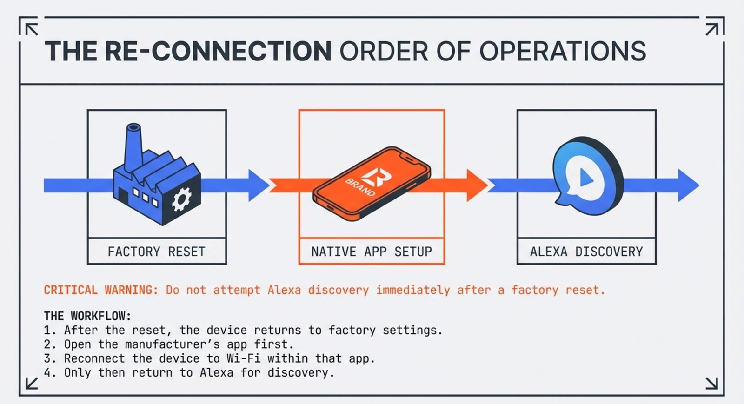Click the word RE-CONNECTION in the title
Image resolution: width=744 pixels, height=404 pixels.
click(x=218, y=51)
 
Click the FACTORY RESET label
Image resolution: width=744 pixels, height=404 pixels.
click(x=156, y=252)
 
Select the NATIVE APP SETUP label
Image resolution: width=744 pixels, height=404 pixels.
click(x=371, y=252)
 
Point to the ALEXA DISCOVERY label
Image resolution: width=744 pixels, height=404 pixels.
click(x=586, y=252)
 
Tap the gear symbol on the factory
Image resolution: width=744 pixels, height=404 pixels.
click(x=181, y=200)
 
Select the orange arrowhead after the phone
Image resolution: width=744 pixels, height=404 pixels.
click(x=475, y=185)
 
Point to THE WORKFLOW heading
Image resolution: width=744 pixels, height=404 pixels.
click(x=87, y=316)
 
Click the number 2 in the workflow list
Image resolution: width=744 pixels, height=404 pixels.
click(x=47, y=344)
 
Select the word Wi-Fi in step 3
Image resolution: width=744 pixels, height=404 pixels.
click(x=243, y=358)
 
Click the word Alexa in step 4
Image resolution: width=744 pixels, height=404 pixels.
click(x=216, y=372)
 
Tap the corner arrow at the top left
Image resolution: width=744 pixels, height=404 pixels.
click(x=32, y=29)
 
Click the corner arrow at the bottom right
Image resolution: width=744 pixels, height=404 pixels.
click(x=712, y=383)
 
